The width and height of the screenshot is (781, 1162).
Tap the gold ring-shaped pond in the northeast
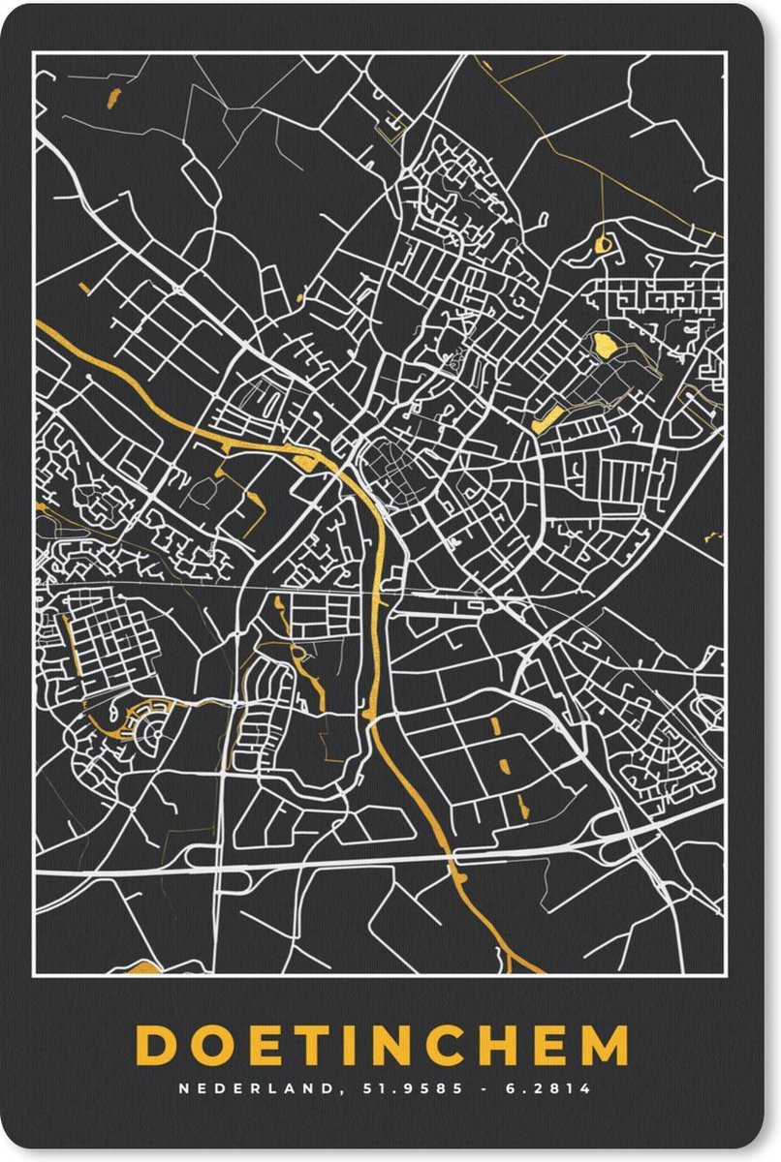[603, 245]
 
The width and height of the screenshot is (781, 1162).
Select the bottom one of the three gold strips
[523, 803]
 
